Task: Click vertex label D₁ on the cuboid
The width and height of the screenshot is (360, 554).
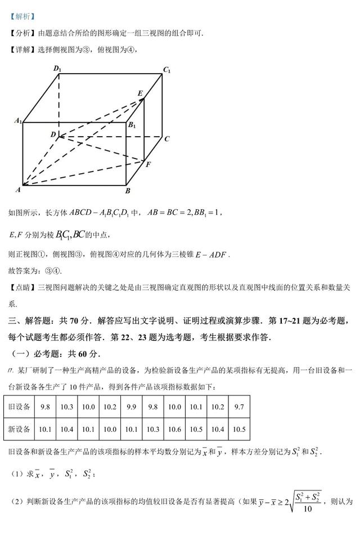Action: pos(57,69)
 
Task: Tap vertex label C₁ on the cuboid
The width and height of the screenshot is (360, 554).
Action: pos(166,70)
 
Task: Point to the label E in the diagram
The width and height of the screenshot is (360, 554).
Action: pos(140,93)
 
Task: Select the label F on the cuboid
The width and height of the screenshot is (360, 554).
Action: pos(148,164)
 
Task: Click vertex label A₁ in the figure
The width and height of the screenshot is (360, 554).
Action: pos(19,120)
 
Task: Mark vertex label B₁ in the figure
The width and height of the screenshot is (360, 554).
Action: pos(132,125)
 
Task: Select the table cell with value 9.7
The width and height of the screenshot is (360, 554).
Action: pos(239,407)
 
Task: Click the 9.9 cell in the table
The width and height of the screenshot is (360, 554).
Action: pos(131,407)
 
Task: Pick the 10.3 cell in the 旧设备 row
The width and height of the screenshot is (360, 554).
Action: pos(66,407)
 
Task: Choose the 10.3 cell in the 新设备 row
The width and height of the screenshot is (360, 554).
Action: pos(152,429)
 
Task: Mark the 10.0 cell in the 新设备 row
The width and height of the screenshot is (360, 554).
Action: pos(110,429)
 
